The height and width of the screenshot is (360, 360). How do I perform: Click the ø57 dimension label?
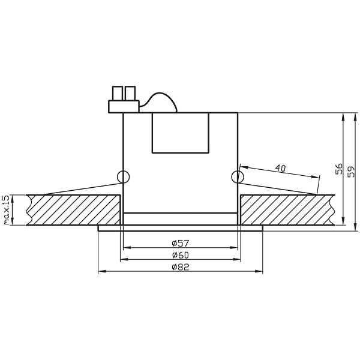click(180, 244)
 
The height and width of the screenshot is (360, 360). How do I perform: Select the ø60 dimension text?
click(180, 256)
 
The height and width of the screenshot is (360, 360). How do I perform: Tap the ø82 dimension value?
click(180, 268)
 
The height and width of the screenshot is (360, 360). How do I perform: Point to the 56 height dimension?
click(338, 170)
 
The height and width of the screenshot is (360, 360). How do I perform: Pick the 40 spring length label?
click(280, 168)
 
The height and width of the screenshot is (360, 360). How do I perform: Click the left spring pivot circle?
click(123, 177)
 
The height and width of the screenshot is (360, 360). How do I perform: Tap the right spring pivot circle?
click(238, 177)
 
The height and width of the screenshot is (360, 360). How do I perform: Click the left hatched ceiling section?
click(75, 209)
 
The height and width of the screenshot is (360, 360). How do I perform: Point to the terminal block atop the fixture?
click(123, 106)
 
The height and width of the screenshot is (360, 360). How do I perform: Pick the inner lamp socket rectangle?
click(180, 133)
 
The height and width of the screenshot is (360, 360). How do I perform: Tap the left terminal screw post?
click(116, 93)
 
